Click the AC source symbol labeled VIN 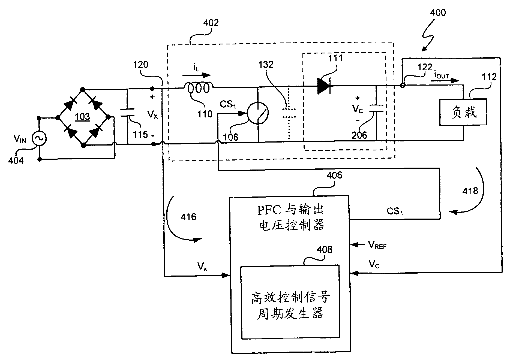pos(39,138)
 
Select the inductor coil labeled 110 pos(199,88)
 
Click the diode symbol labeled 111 pos(324,86)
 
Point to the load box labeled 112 pos(463,112)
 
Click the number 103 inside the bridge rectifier pos(82,117)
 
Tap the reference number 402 pos(211,23)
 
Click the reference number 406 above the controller pos(334,175)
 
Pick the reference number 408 pos(324,249)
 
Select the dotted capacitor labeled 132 pos(289,113)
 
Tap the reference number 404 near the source pos(16,161)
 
